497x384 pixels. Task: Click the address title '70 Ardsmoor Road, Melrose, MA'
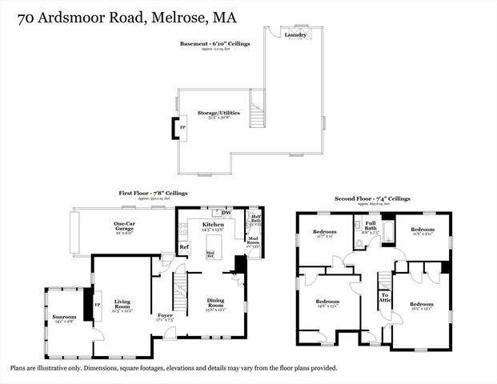click(123, 16)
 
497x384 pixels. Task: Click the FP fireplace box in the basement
click(182, 128)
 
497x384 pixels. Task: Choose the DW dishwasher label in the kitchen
click(226, 213)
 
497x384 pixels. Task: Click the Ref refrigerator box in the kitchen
click(183, 247)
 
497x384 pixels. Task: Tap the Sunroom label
click(64, 318)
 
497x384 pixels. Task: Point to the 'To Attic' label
click(385, 298)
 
